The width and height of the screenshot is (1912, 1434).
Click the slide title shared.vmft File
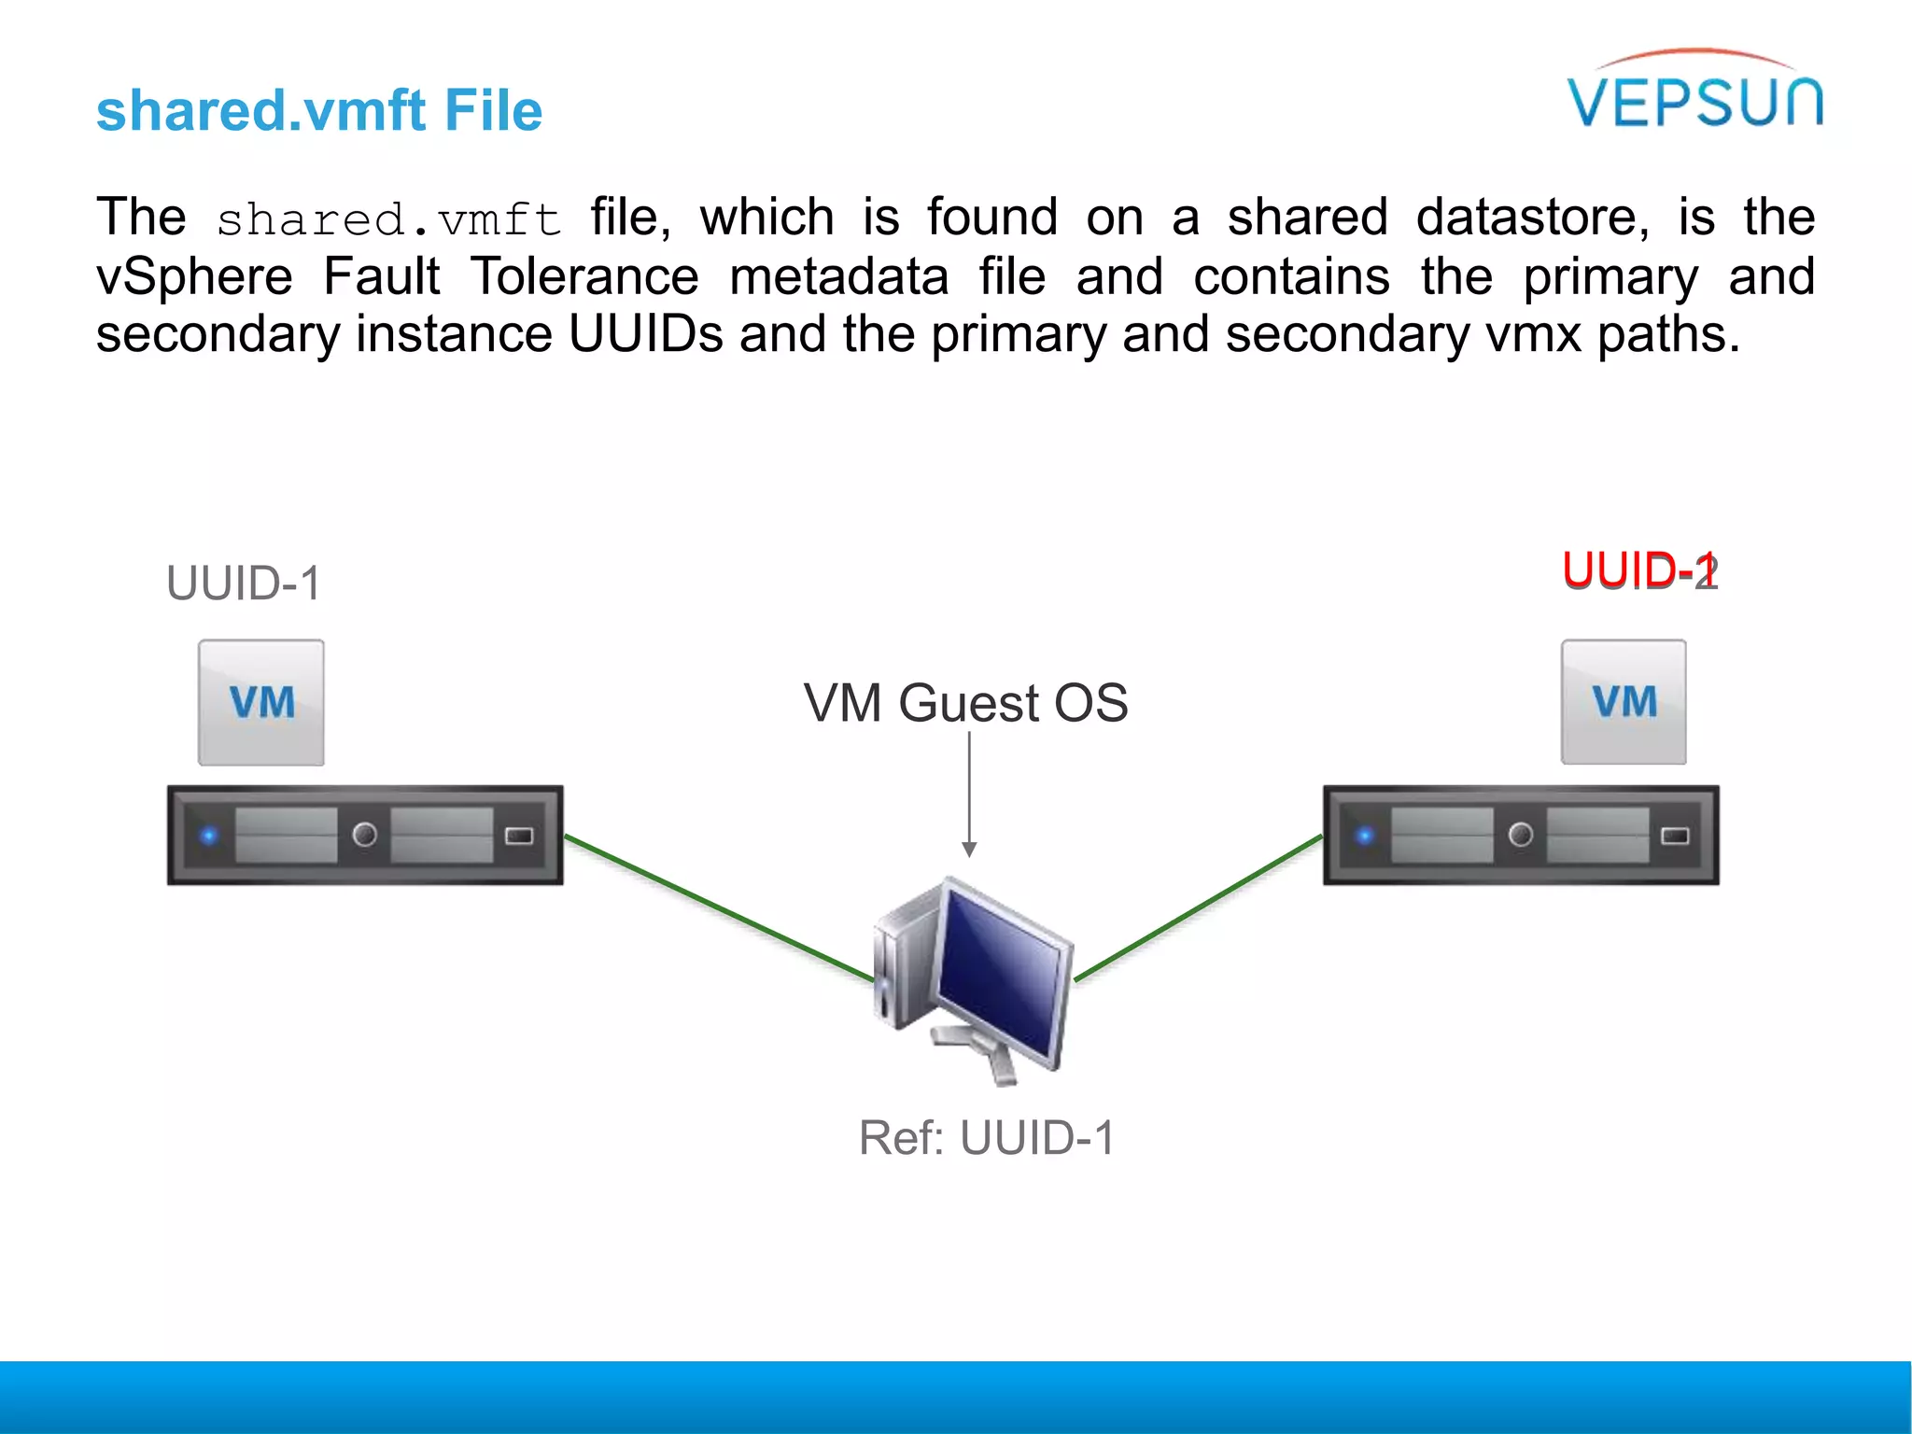[319, 110]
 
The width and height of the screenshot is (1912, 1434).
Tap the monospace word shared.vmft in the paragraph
[388, 220]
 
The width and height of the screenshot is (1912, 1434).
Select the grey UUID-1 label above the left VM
[244, 583]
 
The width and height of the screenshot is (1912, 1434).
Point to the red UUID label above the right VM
[1638, 570]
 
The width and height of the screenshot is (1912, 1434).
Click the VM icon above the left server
[261, 702]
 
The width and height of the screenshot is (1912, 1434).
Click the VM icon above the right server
[1624, 702]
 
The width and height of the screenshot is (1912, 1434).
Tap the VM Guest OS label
[965, 702]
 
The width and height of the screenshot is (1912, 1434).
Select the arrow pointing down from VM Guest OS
[969, 794]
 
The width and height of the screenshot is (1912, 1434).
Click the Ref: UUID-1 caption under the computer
[986, 1137]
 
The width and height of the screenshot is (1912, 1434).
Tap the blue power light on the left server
[209, 836]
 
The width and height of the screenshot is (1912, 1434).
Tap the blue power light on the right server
[1365, 836]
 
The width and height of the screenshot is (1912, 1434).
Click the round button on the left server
[365, 835]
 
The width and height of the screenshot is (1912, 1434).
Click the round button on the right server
[1521, 835]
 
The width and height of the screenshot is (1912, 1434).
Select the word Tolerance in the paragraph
[584, 276]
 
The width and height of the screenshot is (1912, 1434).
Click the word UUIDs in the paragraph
[645, 334]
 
